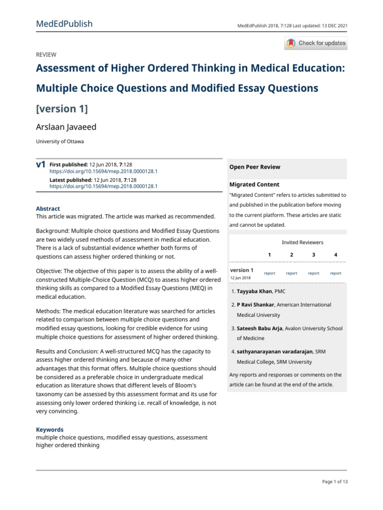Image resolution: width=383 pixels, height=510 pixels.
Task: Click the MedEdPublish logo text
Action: tap(64, 24)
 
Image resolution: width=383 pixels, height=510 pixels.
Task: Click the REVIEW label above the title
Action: tap(46, 55)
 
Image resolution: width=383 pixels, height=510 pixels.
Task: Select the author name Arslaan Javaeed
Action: tap(66, 127)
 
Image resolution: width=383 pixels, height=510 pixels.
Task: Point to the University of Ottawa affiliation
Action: tap(60, 141)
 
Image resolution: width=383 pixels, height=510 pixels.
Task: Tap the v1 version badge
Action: tap(41, 164)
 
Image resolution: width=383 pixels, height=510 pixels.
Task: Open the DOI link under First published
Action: tap(103, 171)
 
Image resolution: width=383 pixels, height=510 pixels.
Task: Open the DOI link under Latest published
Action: tap(103, 186)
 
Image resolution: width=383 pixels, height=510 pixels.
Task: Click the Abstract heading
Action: tap(48, 209)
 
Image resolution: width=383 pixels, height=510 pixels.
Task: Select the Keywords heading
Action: tap(50, 429)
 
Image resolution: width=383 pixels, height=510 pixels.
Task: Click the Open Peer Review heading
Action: tap(254, 167)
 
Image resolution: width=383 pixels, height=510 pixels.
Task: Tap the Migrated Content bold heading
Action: tap(254, 184)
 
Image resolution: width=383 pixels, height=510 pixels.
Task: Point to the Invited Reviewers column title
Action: tap(302, 243)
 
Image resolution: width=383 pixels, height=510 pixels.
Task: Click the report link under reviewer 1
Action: tap(269, 273)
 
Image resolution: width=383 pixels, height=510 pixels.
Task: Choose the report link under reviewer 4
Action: tap(336, 273)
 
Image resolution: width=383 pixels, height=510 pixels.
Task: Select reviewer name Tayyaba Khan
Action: tap(258, 291)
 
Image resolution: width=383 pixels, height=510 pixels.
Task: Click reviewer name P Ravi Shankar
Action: tap(255, 304)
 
